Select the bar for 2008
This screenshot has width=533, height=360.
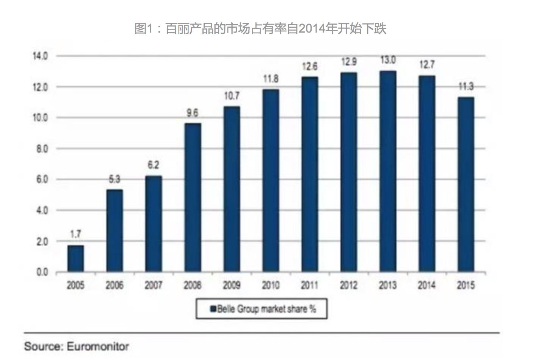(193, 197)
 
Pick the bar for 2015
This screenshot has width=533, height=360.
(466, 185)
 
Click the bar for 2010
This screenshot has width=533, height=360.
(270, 181)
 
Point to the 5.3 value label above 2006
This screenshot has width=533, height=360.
(114, 179)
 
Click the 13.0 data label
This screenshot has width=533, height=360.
(388, 60)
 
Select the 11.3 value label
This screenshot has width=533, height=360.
(466, 86)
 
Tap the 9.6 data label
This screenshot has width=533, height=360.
(193, 113)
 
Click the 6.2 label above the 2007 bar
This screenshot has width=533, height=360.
(154, 165)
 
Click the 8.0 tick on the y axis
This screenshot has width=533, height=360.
(42, 149)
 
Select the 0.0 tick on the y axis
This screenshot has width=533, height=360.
(42, 272)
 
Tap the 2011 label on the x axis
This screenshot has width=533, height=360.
(309, 285)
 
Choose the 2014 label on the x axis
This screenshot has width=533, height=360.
(426, 285)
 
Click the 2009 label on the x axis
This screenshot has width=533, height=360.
(231, 285)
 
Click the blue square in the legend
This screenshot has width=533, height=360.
(213, 309)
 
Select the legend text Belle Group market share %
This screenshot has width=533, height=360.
(266, 309)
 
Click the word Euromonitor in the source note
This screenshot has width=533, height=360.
(98, 346)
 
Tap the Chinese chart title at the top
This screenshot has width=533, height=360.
(260, 28)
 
